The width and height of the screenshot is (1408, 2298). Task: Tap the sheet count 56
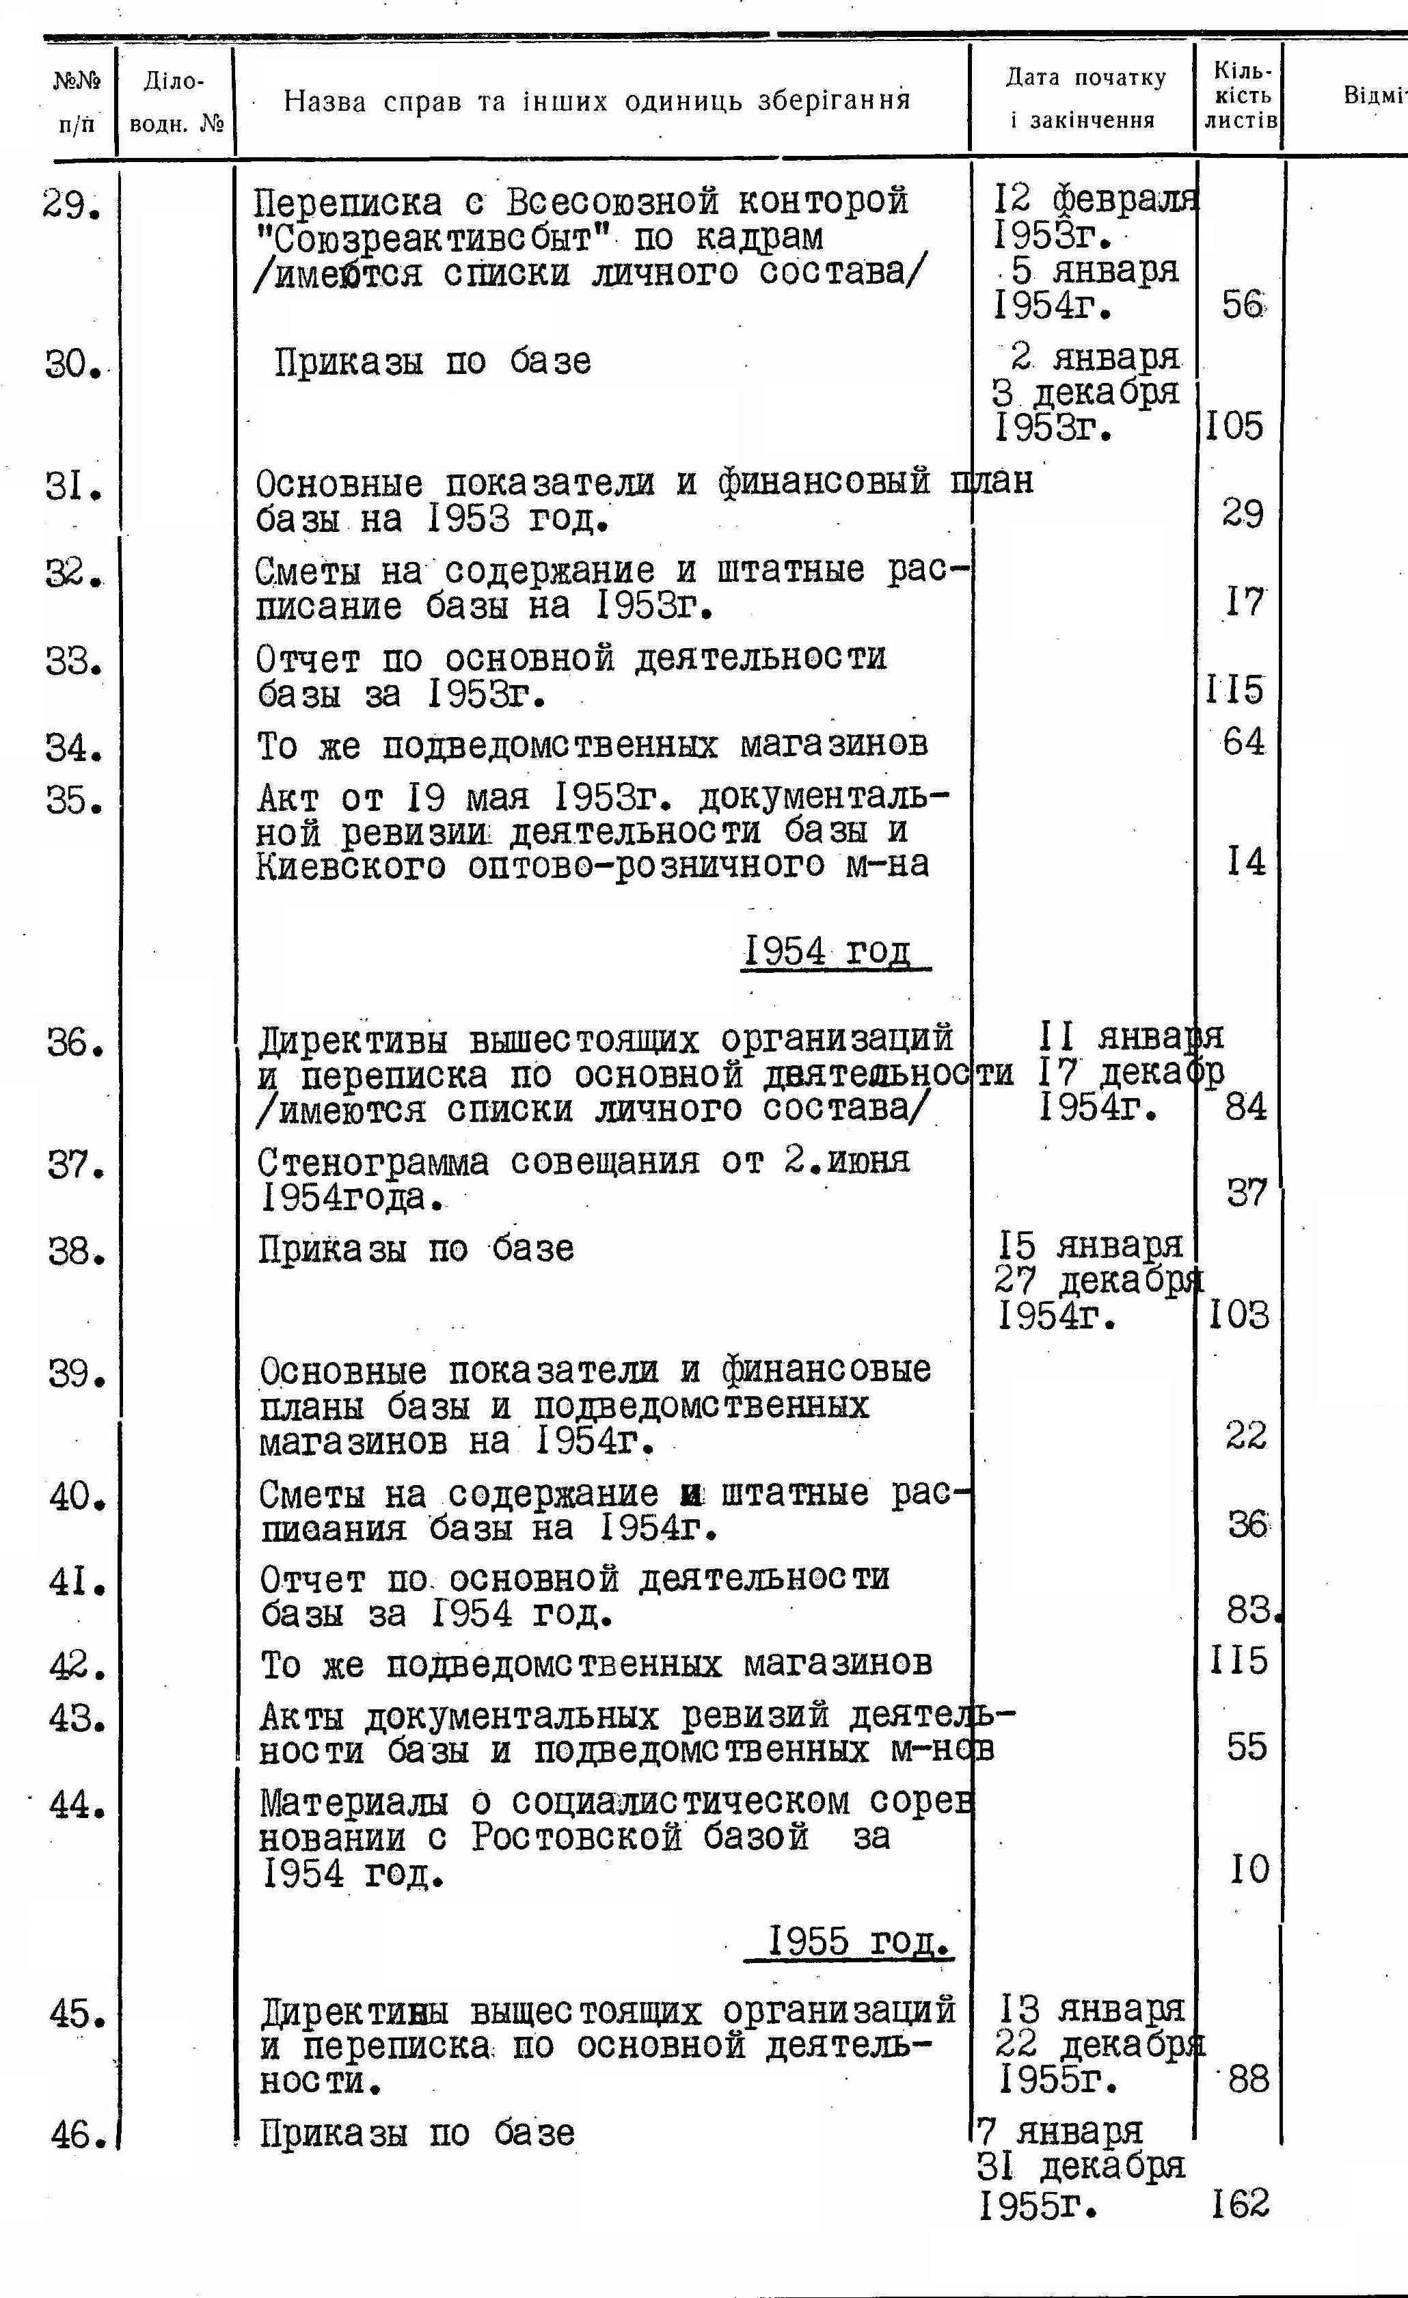coord(1243,304)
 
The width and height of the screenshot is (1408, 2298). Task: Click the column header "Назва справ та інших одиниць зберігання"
coord(597,100)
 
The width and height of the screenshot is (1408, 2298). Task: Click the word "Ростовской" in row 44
coord(576,1837)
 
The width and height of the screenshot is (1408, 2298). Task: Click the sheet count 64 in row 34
coord(1244,743)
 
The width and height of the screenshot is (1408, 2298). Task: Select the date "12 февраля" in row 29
coord(1096,199)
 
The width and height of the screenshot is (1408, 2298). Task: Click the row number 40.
coord(77,1499)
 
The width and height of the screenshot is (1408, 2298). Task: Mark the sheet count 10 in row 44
coord(1249,1869)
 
